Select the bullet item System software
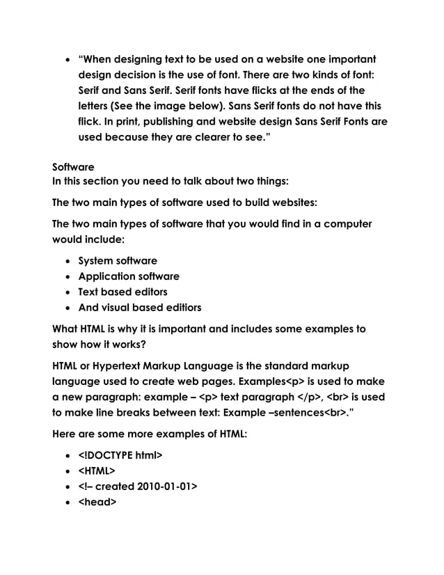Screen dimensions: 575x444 tap(117, 261)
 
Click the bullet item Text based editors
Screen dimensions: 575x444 tap(122, 292)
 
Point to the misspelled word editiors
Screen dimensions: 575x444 tap(179, 307)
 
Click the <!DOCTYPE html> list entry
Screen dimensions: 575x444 tap(120, 456)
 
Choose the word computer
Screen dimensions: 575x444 tap(347, 224)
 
